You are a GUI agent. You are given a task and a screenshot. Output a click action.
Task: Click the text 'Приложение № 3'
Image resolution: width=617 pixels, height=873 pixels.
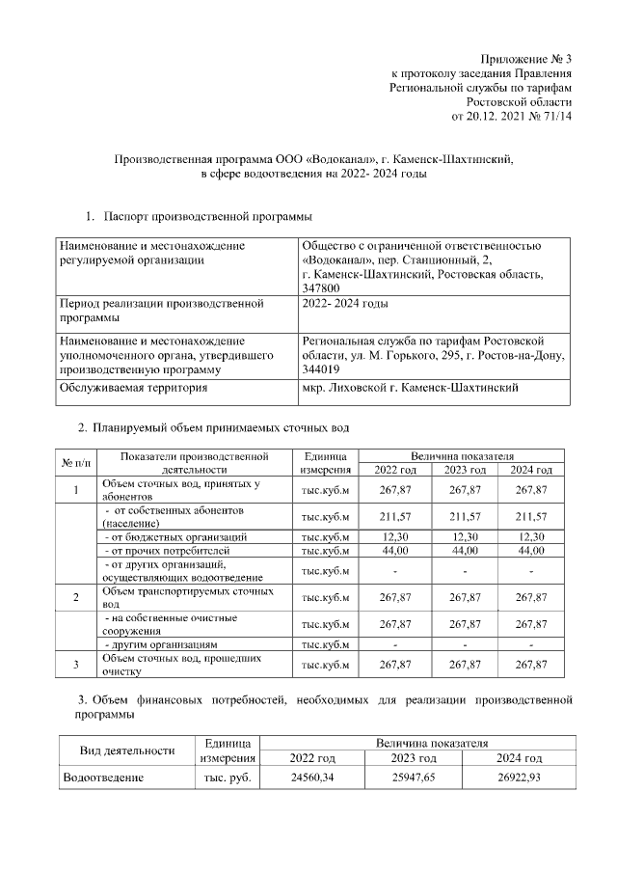pos(527,59)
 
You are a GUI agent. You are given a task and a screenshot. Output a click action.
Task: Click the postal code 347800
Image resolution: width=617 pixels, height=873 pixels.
pos(321,287)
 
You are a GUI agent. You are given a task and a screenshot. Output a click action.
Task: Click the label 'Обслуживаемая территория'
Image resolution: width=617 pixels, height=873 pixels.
pos(134,388)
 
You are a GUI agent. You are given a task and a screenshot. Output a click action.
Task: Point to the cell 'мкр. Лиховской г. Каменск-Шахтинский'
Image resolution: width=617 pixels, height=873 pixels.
pos(411,388)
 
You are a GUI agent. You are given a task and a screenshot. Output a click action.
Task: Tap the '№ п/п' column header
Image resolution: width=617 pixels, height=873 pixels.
pos(76,462)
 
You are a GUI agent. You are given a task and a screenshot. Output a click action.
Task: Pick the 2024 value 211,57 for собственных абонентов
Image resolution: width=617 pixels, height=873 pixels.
pos(531,515)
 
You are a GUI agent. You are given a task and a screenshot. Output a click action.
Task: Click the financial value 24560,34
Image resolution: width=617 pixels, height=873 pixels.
pos(312,777)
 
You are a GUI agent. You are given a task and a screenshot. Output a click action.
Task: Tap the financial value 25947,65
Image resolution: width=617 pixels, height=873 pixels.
pos(413,777)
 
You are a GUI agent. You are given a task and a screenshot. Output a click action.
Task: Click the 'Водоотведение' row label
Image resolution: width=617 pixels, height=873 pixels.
pos(104,777)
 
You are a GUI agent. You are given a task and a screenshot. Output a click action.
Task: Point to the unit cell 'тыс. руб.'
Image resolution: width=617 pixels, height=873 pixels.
pos(228,777)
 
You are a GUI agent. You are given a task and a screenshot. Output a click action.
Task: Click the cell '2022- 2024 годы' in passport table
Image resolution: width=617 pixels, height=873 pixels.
pos(345,304)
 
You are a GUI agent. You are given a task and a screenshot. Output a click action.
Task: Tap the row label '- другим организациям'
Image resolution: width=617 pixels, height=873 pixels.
pos(162,643)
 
